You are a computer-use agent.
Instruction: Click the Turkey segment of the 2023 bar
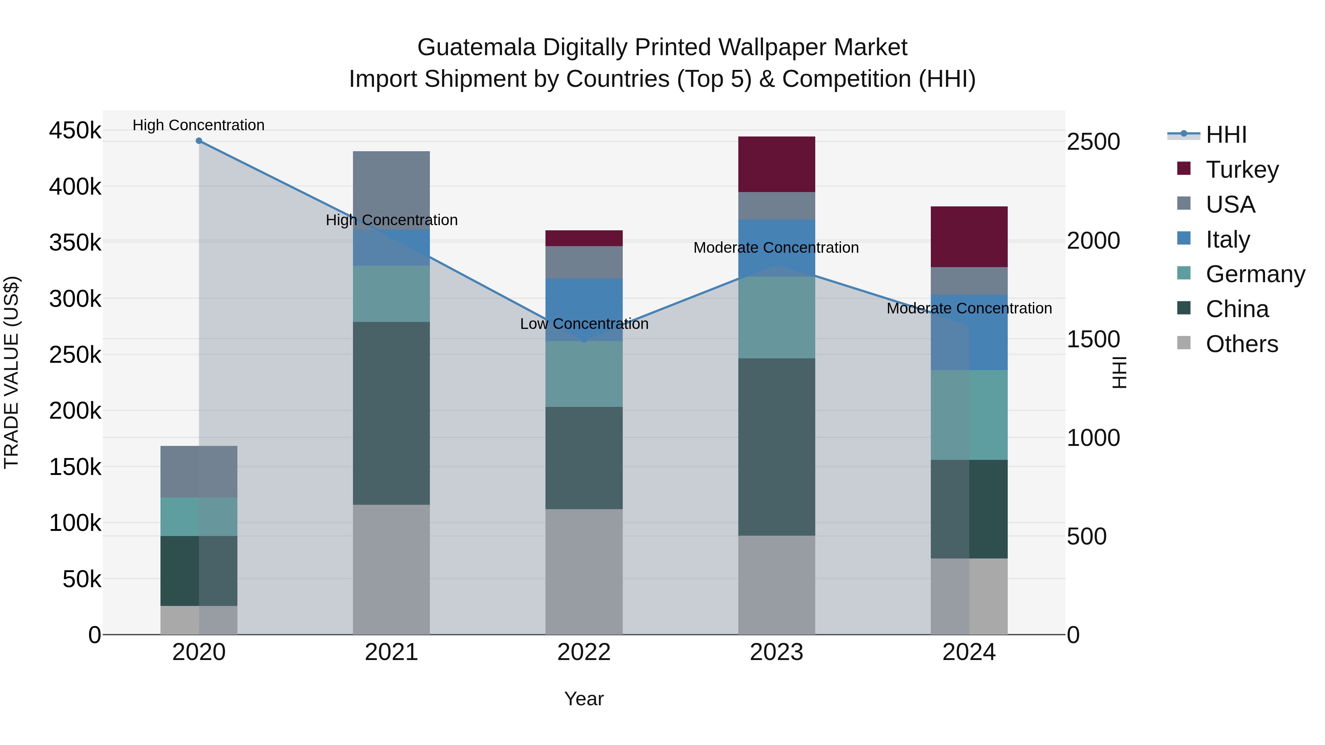[x=776, y=164]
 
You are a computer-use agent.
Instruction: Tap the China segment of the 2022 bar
[x=584, y=458]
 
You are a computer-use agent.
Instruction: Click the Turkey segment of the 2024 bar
[x=969, y=237]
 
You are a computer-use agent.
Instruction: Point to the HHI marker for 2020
[x=199, y=141]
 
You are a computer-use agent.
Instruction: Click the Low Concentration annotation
[x=584, y=324]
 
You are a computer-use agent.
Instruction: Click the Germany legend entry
[x=1255, y=274]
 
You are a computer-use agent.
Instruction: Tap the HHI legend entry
[x=1226, y=135]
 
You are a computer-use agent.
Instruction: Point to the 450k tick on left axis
[x=75, y=131]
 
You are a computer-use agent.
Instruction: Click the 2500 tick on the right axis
[x=1093, y=142]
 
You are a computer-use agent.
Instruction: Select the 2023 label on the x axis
[x=776, y=652]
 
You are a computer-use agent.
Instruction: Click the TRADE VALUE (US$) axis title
[x=11, y=373]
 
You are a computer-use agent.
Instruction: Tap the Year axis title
[x=584, y=699]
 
